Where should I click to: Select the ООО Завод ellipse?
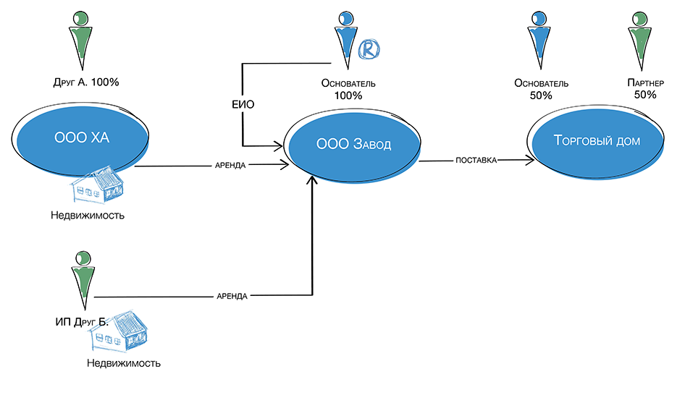pos(353,145)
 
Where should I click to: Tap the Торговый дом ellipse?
pos(596,140)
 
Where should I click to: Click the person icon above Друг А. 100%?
pos(82,40)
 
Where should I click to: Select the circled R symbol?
pos(369,48)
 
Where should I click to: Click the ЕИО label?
pos(243,104)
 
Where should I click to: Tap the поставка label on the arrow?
pos(476,160)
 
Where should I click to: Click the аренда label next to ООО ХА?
pos(232,165)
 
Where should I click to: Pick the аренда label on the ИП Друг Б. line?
pos(232,296)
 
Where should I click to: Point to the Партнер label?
pos(644,83)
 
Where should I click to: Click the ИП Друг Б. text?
pos(81,322)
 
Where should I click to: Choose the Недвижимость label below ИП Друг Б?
pos(124,363)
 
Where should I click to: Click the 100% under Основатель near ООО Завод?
pos(348,95)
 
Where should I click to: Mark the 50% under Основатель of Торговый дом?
pos(541,95)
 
